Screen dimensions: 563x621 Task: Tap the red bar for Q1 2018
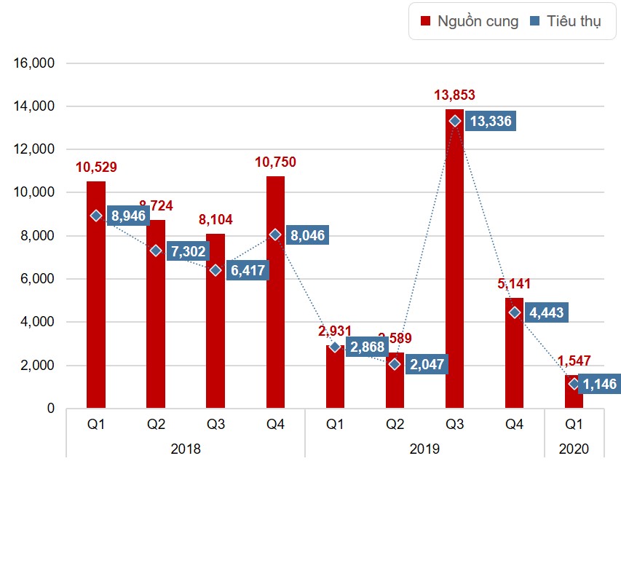point(96,306)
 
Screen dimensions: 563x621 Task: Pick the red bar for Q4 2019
point(514,364)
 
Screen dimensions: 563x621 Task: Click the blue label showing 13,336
point(491,121)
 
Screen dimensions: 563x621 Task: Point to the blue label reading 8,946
point(129,216)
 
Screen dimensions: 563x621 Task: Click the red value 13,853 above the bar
point(454,95)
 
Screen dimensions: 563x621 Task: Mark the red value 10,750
point(275,162)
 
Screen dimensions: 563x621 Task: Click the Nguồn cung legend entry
point(470,21)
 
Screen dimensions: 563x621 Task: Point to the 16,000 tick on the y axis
point(34,63)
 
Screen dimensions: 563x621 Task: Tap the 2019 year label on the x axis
point(424,449)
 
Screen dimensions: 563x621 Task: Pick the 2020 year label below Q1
point(574,449)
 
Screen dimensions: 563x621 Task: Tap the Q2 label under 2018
point(156,424)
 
